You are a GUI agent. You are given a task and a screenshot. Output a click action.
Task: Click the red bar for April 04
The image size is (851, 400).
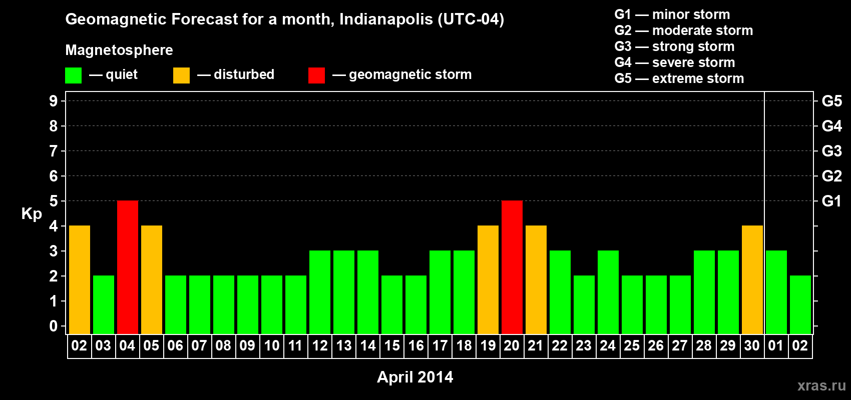click(128, 267)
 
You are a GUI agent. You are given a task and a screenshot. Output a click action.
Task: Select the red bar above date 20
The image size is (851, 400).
click(512, 267)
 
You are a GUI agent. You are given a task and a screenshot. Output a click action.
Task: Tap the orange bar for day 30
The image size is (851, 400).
click(752, 279)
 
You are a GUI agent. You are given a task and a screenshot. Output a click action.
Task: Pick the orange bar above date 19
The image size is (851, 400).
click(488, 279)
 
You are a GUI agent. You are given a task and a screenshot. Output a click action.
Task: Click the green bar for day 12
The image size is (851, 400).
click(320, 292)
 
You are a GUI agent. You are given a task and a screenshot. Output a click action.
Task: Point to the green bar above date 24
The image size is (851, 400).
click(608, 292)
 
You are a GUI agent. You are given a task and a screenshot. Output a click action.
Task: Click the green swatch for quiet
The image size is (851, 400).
click(74, 75)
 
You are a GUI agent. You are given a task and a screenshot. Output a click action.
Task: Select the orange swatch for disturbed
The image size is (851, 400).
click(181, 75)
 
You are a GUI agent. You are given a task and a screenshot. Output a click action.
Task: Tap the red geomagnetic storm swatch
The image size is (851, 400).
click(316, 75)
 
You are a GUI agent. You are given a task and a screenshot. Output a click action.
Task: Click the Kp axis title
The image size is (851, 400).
click(32, 214)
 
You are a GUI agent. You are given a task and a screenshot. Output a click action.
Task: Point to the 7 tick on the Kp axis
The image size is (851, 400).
click(54, 151)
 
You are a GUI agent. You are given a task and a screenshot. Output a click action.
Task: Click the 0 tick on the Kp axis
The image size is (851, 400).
click(54, 326)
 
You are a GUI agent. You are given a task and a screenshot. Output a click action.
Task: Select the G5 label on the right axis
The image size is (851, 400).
click(831, 101)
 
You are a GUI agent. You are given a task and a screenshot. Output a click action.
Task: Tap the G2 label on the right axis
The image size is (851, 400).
click(831, 176)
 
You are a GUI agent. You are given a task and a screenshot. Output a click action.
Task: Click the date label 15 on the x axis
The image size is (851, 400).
click(392, 345)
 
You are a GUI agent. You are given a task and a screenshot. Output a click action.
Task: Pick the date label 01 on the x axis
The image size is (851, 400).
click(776, 345)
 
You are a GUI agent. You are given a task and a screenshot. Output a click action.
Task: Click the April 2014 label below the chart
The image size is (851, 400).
click(415, 377)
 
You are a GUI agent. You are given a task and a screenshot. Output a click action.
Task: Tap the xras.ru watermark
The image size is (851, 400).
click(821, 385)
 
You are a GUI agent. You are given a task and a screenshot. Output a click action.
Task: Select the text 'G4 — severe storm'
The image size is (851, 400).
click(675, 62)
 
